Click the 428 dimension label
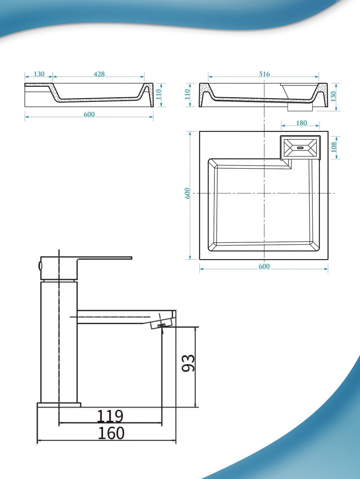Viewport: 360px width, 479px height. [x=99, y=74]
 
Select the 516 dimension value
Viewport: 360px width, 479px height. [x=264, y=74]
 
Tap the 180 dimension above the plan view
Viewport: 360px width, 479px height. [x=302, y=123]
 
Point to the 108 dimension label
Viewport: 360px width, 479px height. [x=334, y=147]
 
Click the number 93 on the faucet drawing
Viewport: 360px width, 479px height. [x=188, y=363]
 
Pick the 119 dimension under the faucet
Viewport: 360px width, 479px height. [x=110, y=416]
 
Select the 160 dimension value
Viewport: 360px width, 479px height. [x=111, y=433]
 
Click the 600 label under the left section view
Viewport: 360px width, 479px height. [x=89, y=114]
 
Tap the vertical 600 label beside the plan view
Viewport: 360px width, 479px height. [x=188, y=193]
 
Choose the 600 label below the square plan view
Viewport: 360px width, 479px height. [x=264, y=266]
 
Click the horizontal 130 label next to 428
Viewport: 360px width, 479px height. [x=39, y=74]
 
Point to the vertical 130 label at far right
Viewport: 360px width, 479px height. [x=333, y=96]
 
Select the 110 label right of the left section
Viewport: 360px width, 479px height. [x=158, y=94]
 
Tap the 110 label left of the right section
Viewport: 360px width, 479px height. [x=188, y=94]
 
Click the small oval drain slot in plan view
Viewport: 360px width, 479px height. [x=300, y=148]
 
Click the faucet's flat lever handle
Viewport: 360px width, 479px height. [x=105, y=258]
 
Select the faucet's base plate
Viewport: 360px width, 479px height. [x=59, y=405]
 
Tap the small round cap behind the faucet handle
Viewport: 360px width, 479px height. [x=40, y=266]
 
